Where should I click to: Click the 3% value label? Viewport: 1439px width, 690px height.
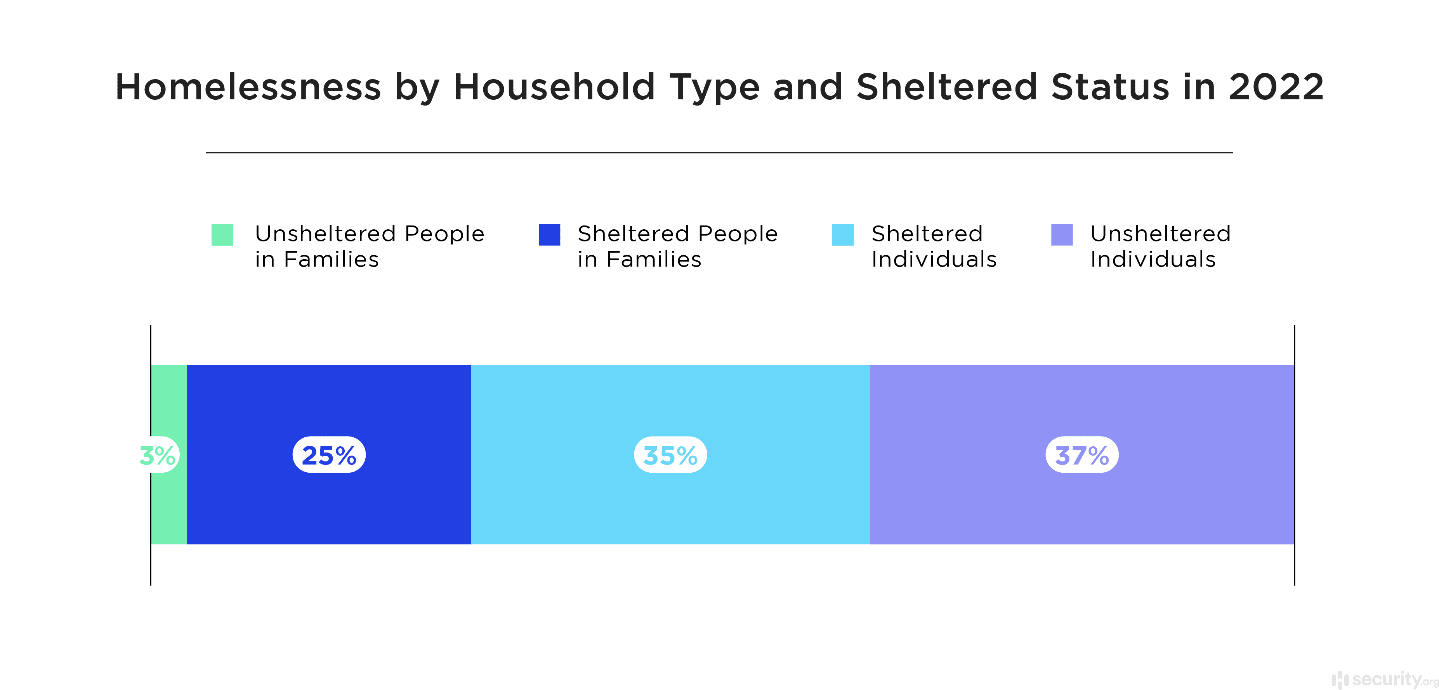point(158,455)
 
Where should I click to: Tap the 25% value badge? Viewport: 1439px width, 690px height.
point(329,455)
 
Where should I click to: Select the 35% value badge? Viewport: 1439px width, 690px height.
point(670,455)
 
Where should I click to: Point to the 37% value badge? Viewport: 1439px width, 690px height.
point(1081,455)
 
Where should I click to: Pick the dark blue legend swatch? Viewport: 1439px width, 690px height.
point(549,234)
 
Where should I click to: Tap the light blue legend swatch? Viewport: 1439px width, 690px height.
point(842,234)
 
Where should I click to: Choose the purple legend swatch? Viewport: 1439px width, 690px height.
point(1061,234)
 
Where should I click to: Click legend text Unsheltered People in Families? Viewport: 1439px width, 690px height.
point(369,246)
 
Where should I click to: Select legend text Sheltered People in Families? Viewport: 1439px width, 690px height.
point(677,246)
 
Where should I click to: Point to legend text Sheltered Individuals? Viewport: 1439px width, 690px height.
point(934,246)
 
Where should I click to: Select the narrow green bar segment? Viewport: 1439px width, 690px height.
point(169,503)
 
